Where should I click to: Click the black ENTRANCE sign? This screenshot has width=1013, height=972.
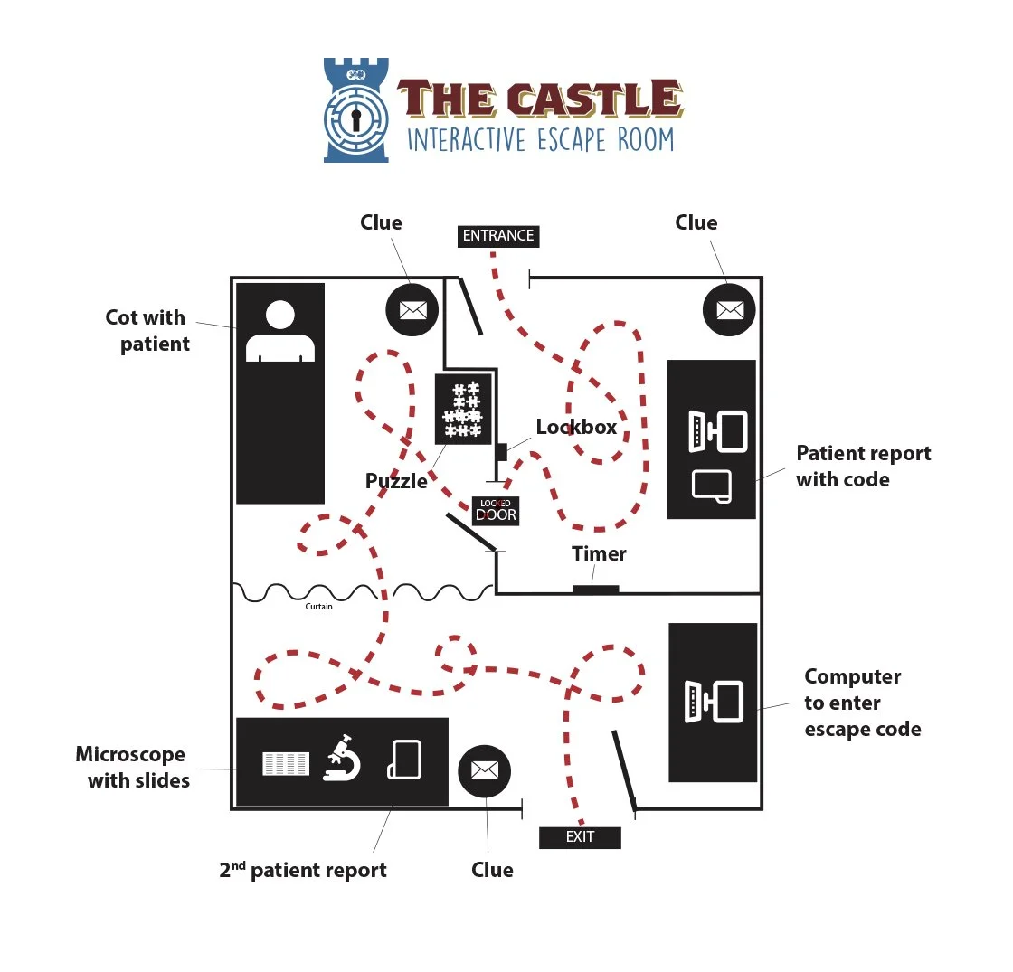tap(498, 236)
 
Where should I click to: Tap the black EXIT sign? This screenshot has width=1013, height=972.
tap(580, 837)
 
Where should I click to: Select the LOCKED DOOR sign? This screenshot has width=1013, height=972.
tap(496, 511)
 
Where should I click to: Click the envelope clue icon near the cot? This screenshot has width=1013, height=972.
tap(412, 309)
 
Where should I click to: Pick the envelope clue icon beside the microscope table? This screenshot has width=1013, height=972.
tap(485, 770)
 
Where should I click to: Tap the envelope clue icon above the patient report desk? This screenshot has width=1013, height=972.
tap(729, 309)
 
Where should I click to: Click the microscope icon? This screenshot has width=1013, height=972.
tap(343, 760)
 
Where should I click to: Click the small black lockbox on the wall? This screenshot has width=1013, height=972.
tap(501, 451)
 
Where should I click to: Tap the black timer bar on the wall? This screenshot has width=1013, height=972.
tap(596, 590)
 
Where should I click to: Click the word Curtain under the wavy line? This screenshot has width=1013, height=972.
tap(318, 607)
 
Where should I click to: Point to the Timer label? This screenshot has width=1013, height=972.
tap(599, 553)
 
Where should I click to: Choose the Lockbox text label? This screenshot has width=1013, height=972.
tap(576, 427)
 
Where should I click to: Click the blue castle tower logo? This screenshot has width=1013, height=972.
tap(356, 110)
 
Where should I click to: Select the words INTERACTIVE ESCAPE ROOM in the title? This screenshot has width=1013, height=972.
tap(540, 139)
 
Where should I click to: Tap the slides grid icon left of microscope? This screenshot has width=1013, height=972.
tap(285, 763)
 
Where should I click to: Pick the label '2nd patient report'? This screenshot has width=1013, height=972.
tap(303, 870)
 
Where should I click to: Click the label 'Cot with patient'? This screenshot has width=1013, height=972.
tap(147, 330)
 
